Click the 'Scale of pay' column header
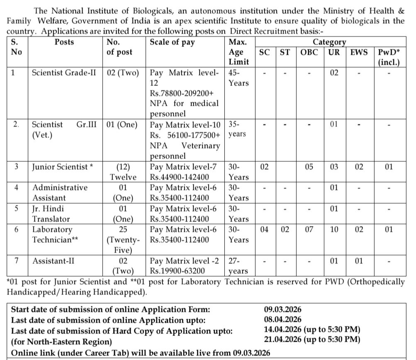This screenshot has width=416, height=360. [172, 42]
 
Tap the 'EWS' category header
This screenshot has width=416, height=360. [359, 52]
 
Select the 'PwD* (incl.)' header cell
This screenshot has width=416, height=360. [389, 57]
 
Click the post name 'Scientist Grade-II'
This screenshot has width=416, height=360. [64, 73]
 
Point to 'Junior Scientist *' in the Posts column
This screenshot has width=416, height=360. [63, 167]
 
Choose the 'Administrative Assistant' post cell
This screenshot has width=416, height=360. [60, 192]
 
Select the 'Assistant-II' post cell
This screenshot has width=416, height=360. [54, 261]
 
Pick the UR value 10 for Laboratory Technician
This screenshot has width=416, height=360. [334, 229]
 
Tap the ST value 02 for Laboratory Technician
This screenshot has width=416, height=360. [285, 229]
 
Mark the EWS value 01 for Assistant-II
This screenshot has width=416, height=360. [359, 261]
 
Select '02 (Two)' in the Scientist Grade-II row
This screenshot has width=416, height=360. [124, 73]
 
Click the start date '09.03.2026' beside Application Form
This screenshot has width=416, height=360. [282, 309]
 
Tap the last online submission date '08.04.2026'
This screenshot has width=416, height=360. [282, 320]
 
